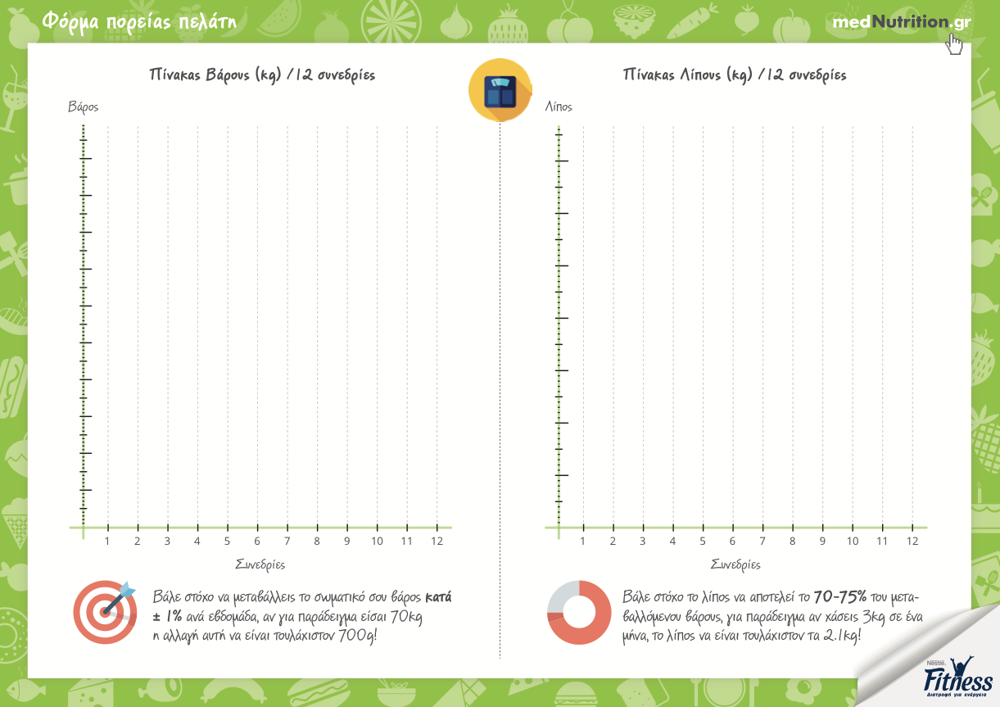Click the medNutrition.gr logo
click(x=901, y=22)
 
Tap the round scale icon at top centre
click(x=500, y=91)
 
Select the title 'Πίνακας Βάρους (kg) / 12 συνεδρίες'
click(x=262, y=75)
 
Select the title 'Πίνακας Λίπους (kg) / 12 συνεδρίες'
click(x=735, y=75)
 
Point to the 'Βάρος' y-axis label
click(x=84, y=107)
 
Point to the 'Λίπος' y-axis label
click(x=559, y=107)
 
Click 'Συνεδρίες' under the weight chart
click(x=260, y=564)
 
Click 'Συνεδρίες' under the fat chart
click(x=735, y=564)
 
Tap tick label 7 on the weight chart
click(x=287, y=542)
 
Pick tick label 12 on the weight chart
click(x=437, y=542)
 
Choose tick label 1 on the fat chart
click(x=583, y=542)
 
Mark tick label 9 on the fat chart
click(x=822, y=542)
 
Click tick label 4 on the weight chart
click(x=197, y=542)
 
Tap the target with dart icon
click(x=105, y=611)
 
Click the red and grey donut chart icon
click(x=578, y=612)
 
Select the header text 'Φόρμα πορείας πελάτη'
click(x=138, y=21)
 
